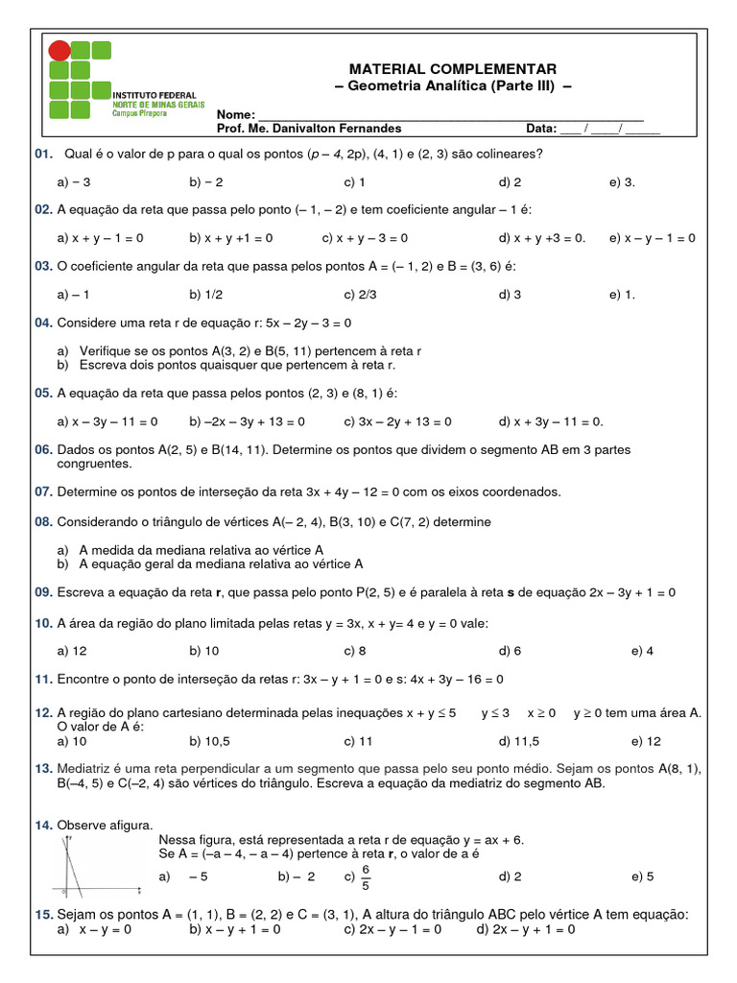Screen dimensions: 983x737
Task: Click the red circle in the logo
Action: pos(59,51)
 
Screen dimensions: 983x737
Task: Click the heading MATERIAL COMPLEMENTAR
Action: pos(453,69)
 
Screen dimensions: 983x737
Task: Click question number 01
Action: pos(42,154)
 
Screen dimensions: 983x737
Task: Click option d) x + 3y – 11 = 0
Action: pos(551,421)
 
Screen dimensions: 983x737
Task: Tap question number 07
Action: pos(42,492)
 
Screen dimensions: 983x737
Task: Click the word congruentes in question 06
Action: pos(94,464)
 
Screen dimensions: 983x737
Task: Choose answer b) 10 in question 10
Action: pos(204,651)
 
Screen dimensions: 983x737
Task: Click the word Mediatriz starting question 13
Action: pos(85,768)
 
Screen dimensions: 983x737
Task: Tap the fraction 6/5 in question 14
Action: pos(365,877)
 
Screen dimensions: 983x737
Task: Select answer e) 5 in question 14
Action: pos(642,876)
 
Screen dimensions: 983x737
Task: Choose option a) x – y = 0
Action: pos(94,929)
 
